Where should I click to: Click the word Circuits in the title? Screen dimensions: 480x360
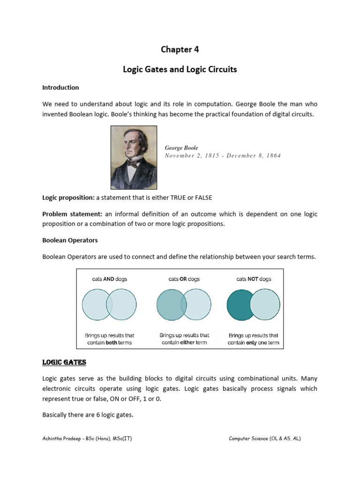pyautogui.click(x=222, y=69)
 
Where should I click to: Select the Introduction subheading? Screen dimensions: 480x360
pyautogui.click(x=60, y=88)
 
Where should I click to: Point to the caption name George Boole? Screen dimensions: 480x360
pyautogui.click(x=181, y=148)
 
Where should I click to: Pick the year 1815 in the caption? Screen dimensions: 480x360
pyautogui.click(x=210, y=156)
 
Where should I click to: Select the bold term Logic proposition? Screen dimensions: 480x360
pyautogui.click(x=68, y=198)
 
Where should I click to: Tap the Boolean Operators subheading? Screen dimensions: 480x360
pyautogui.click(x=70, y=240)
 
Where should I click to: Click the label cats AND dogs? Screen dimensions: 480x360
pyautogui.click(x=109, y=279)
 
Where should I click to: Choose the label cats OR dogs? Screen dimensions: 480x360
pyautogui.click(x=184, y=279)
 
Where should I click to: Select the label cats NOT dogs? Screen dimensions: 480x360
pyautogui.click(x=254, y=279)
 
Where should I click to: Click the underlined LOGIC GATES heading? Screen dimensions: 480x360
pyautogui.click(x=64, y=363)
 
